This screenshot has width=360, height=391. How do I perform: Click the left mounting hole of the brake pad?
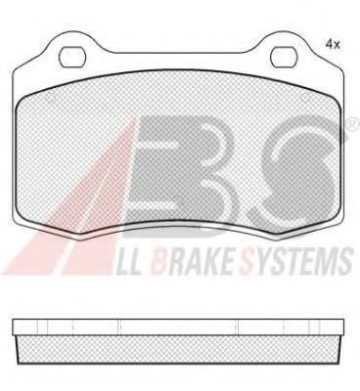[72, 57]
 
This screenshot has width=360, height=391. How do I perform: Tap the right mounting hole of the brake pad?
[284, 57]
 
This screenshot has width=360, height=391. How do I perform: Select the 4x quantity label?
[333, 44]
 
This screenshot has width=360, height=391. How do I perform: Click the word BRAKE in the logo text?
[192, 260]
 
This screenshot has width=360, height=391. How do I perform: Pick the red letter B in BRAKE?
[160, 260]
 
